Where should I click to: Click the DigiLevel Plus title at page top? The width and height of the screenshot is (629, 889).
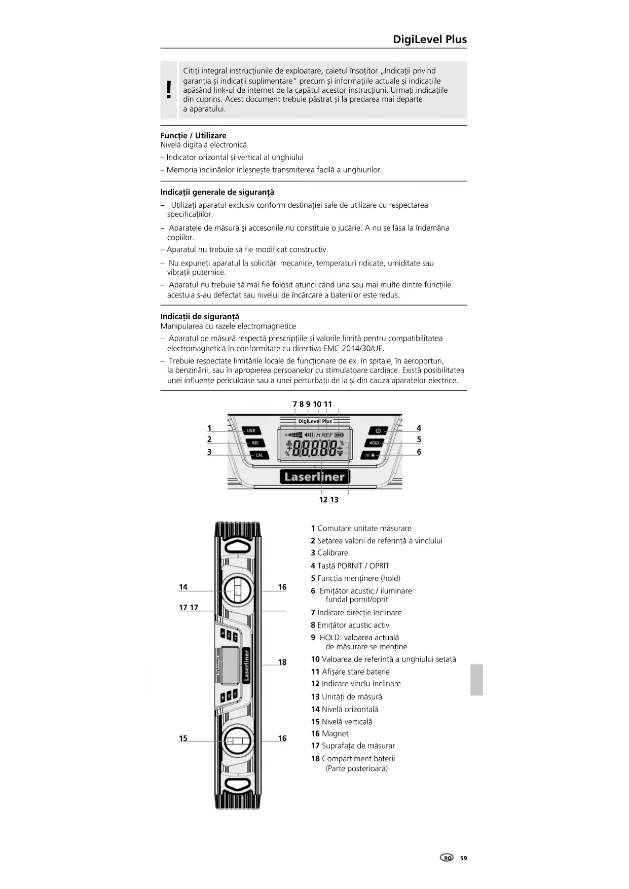click(429, 40)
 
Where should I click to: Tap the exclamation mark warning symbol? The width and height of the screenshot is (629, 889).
click(169, 90)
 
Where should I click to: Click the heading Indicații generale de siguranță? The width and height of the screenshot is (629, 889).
click(217, 192)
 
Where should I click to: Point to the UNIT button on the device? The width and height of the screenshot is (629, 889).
click(251, 430)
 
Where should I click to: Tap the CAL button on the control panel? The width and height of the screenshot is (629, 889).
click(259, 455)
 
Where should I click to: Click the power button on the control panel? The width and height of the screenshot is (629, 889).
click(378, 430)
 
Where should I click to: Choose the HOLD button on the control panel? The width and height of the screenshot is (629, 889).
click(374, 443)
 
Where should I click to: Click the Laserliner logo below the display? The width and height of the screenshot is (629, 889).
click(314, 476)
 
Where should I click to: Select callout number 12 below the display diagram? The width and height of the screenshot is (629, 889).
click(323, 500)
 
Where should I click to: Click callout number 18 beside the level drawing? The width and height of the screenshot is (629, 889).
click(282, 662)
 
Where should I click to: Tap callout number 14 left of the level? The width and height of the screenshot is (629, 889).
click(183, 587)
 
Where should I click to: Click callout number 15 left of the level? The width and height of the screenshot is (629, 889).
click(183, 738)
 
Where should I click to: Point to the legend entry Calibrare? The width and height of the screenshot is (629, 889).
click(332, 553)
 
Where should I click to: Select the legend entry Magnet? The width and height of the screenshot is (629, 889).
click(335, 733)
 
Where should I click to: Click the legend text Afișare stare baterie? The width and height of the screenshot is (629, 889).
click(355, 672)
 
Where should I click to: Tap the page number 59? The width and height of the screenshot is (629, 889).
click(463, 858)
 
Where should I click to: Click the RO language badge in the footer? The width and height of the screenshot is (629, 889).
click(447, 858)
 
